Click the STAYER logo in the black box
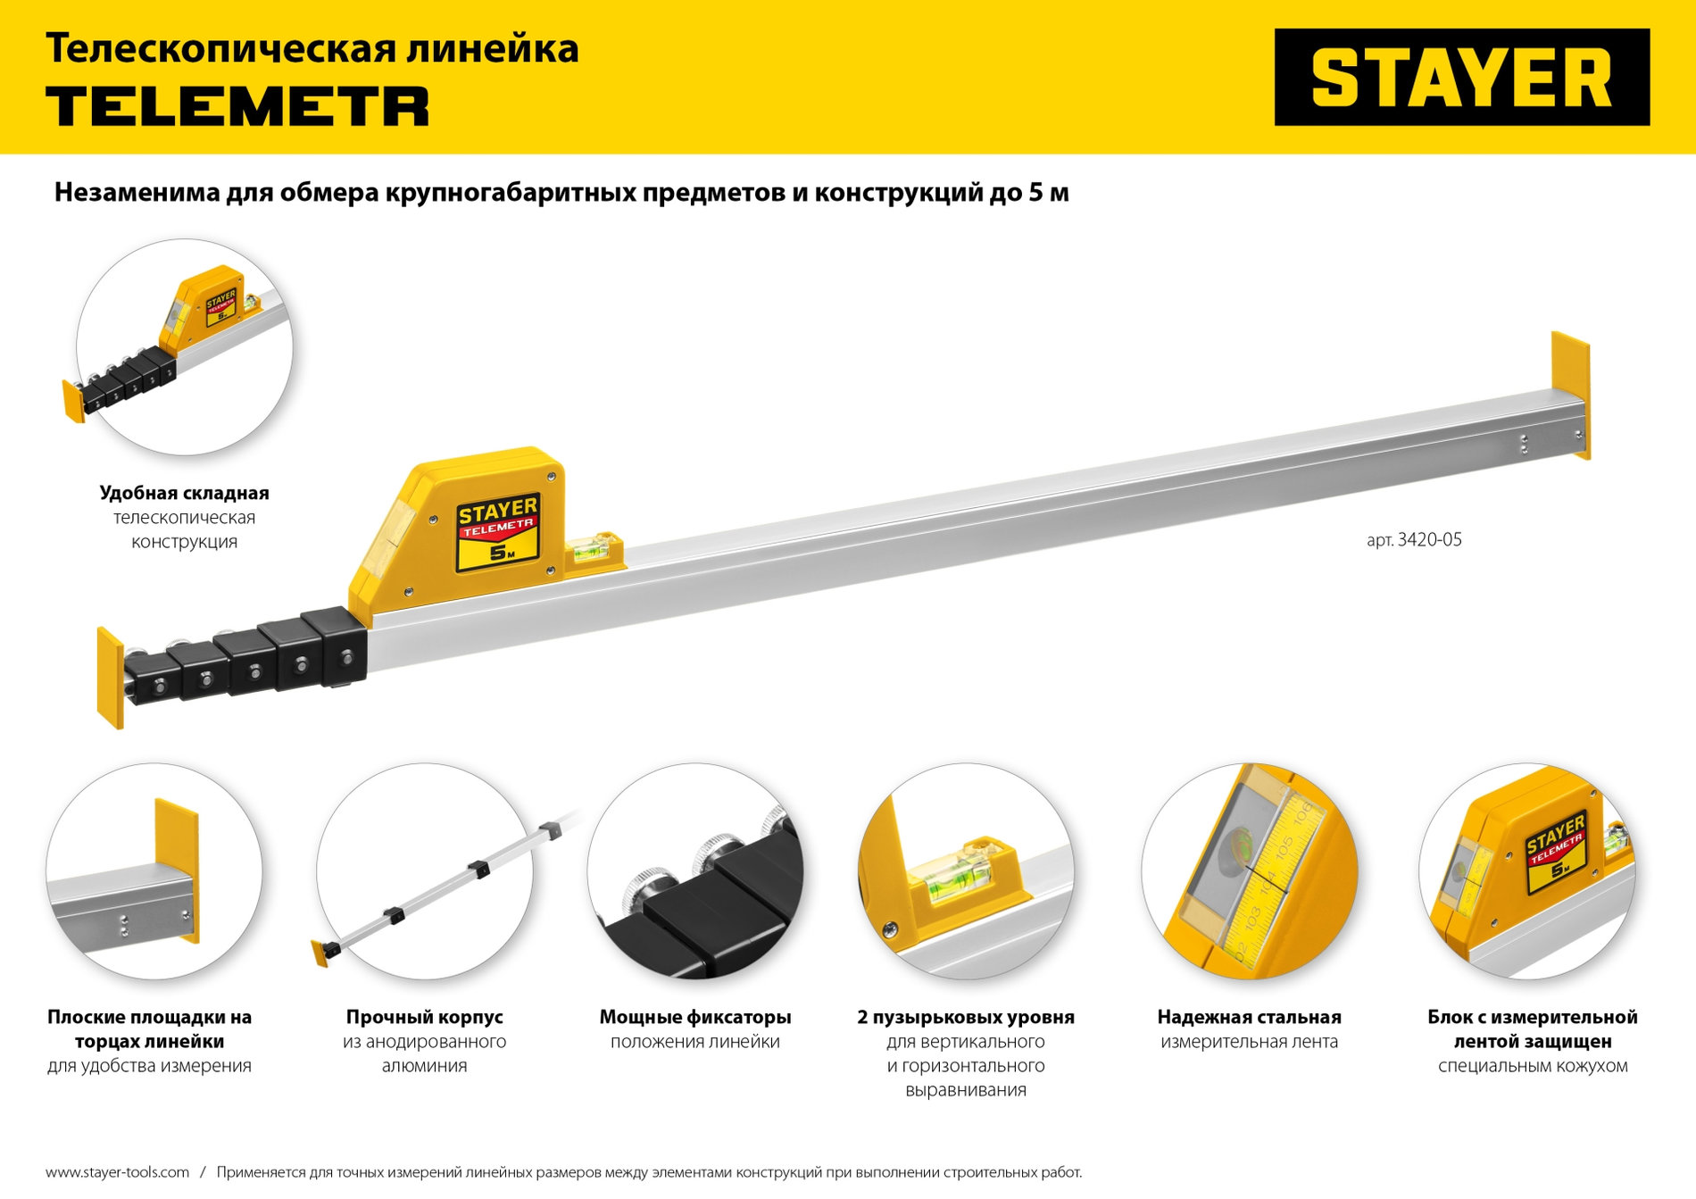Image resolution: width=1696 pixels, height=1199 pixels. [x=1461, y=78]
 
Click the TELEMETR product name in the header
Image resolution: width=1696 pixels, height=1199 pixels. [x=237, y=106]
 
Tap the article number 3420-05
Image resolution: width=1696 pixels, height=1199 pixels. [x=1414, y=539]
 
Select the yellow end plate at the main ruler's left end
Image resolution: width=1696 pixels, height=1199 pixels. [x=110, y=677]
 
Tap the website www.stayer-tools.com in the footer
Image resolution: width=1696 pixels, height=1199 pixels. [x=117, y=1172]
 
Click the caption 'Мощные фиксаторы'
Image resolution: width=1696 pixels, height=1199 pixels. [x=694, y=1017]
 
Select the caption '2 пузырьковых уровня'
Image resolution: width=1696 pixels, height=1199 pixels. [x=965, y=1017]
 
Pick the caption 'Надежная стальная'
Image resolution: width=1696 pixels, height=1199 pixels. [x=1249, y=1017]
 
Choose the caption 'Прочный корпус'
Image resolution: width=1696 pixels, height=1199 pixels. [x=424, y=1017]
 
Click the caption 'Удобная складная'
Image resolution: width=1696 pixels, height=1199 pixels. [x=184, y=493]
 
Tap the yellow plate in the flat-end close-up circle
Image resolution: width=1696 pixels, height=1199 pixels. [x=176, y=862]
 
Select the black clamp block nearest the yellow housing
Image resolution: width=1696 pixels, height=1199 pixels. [x=335, y=647]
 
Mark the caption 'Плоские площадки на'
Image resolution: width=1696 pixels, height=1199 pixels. [x=149, y=1017]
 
